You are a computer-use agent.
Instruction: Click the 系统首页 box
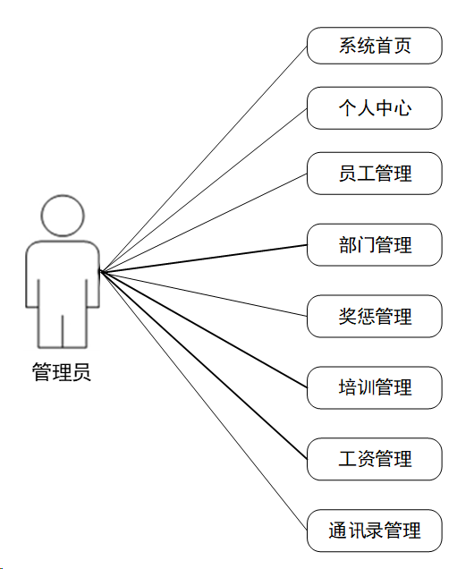(x=375, y=46)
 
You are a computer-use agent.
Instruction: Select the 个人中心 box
(x=375, y=108)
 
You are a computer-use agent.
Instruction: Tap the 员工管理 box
(x=375, y=174)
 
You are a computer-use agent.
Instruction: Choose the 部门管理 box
(x=375, y=245)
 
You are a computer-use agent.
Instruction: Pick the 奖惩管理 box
(x=375, y=317)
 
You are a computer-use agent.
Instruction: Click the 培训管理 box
(x=375, y=387)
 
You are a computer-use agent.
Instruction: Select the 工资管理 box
(x=375, y=459)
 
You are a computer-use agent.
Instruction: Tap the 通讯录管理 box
(x=375, y=531)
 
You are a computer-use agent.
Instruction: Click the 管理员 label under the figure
(x=62, y=372)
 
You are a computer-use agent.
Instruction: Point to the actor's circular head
(x=63, y=216)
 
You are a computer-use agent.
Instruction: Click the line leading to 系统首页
(x=203, y=158)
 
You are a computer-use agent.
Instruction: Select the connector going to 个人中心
(x=203, y=190)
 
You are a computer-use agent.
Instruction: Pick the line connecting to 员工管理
(x=203, y=222)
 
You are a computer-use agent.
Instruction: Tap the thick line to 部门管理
(x=203, y=258)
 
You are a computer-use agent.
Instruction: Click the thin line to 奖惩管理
(x=203, y=293)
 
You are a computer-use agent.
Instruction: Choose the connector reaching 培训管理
(x=203, y=329)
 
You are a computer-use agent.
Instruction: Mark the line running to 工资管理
(x=203, y=365)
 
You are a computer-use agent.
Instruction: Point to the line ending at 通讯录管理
(x=203, y=401)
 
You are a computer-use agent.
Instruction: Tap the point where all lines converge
(x=100, y=271)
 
